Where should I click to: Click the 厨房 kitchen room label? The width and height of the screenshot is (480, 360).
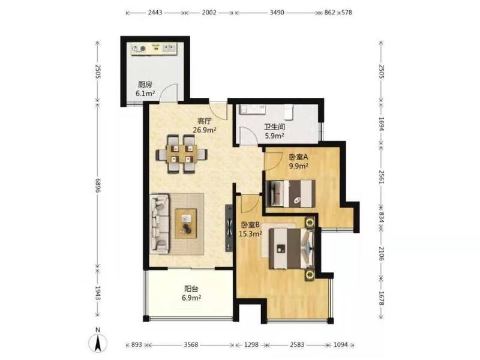coord(145,85)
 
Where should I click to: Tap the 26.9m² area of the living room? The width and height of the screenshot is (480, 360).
coord(205,130)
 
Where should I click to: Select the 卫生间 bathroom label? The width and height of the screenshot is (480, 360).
coord(275,127)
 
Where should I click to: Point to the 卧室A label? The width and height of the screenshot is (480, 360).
coord(298,157)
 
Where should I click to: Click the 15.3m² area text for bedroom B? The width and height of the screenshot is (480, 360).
coord(250,234)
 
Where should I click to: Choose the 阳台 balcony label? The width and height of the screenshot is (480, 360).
coord(191,289)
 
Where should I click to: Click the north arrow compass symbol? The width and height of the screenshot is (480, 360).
coord(98,342)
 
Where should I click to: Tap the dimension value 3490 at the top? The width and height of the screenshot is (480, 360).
coord(276,13)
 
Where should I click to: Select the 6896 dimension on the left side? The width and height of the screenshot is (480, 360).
coord(98,185)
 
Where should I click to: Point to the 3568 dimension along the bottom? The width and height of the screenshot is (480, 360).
coord(191,345)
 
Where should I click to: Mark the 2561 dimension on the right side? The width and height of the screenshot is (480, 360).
coord(382,177)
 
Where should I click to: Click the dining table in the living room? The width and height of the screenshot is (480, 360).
coord(182,154)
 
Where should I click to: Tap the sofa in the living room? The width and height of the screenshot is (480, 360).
coord(159,224)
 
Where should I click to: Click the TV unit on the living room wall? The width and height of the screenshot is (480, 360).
coord(229,228)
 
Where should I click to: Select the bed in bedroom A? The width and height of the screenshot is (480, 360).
coord(291,193)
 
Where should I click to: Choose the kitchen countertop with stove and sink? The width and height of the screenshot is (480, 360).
coord(154,49)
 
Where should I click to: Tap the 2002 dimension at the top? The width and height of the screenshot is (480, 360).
coord(209,13)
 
